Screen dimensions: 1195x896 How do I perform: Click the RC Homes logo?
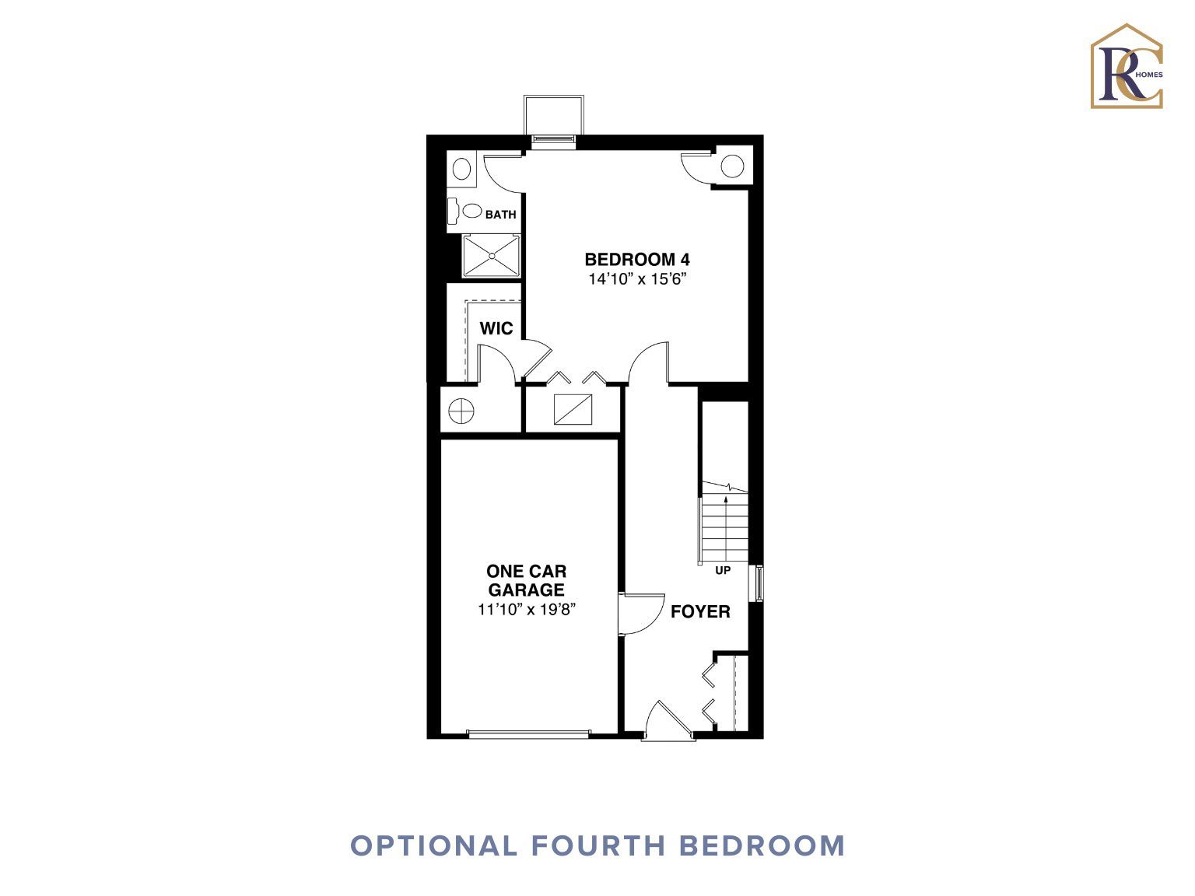[x=1127, y=66]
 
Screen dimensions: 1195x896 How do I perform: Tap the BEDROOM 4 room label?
[x=637, y=259]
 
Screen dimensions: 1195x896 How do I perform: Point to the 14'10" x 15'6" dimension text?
[x=637, y=279]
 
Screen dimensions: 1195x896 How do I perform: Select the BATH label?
[x=500, y=215]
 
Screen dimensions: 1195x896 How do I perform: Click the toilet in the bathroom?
[x=465, y=211]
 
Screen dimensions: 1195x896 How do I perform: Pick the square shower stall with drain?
[x=491, y=256]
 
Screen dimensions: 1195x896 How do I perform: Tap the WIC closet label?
[x=496, y=328]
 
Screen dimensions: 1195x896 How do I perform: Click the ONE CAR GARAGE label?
[x=526, y=580]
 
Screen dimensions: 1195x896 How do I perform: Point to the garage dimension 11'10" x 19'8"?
[x=527, y=609]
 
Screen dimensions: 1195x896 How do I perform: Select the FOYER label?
[x=700, y=611]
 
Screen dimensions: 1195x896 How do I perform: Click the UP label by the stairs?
[x=723, y=570]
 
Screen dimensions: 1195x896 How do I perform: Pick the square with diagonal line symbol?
[x=573, y=408]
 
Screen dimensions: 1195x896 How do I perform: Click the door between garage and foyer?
[x=641, y=614]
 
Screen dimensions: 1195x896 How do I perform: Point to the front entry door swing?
[x=668, y=720]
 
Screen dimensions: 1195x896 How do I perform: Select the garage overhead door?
[x=528, y=733]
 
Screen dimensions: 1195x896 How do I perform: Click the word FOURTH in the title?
[x=597, y=846]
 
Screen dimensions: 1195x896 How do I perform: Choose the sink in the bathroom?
[x=461, y=169]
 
